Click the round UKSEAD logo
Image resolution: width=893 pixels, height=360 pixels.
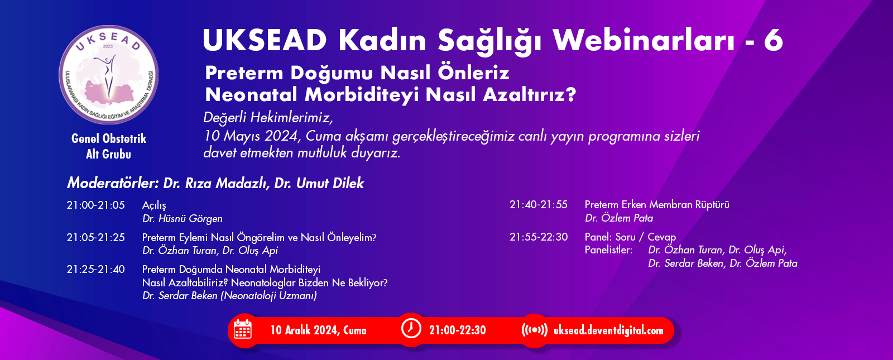[x=108, y=75]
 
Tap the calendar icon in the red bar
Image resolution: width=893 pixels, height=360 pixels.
[x=242, y=330]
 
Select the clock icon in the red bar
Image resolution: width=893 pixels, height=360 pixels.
[x=411, y=329]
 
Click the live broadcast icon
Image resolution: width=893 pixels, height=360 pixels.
[x=534, y=330]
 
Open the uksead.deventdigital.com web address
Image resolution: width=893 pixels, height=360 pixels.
[x=608, y=330]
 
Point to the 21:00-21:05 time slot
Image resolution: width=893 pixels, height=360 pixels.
[x=95, y=205]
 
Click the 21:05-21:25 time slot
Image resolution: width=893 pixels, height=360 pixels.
[x=95, y=237]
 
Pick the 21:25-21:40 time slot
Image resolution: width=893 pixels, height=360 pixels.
[x=95, y=269]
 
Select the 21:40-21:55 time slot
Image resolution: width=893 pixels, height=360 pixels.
[x=539, y=204]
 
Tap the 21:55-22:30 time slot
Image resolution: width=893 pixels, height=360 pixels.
[x=539, y=237]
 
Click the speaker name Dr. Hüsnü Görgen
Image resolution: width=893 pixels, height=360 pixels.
[x=182, y=219]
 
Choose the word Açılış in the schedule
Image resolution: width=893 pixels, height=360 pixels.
[x=154, y=205]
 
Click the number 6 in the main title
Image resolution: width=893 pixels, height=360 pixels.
[x=773, y=40]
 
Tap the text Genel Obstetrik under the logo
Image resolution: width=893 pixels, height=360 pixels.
[x=108, y=138]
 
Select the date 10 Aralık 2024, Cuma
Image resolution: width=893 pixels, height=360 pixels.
[x=318, y=330]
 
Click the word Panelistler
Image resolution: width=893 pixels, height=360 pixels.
[x=608, y=250]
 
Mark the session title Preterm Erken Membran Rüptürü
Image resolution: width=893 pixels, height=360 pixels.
[x=657, y=204]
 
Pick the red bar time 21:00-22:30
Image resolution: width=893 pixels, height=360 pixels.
[x=457, y=330]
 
